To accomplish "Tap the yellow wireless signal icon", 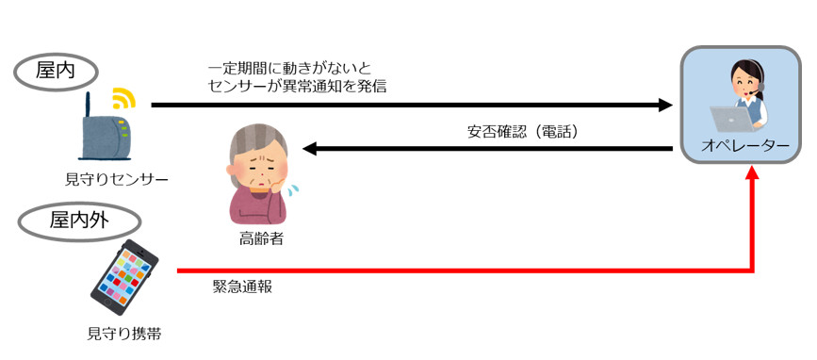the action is [123, 97].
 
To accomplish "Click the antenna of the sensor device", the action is [88, 106].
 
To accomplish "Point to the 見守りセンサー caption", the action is [117, 180].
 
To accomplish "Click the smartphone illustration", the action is [124, 278].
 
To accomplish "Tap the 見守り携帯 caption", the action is [124, 334].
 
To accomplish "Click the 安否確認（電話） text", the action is [523, 132].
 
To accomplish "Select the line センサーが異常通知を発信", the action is [297, 87].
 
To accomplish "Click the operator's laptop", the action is [731, 118].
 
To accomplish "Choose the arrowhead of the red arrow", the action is [751, 173].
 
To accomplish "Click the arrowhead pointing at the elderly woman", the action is [311, 149].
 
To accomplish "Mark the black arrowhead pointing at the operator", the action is [665, 105].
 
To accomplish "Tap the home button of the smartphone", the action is [107, 303].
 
